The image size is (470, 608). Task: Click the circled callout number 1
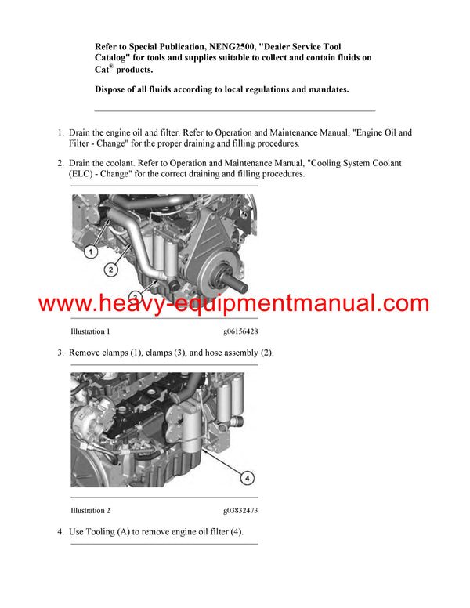coord(91,252)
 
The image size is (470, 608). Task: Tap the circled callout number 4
coord(245,476)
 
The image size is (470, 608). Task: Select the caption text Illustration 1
coord(90,332)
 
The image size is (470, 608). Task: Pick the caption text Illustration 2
coord(90,511)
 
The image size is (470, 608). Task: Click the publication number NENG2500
coord(230,48)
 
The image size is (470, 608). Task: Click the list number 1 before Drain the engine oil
coord(60,133)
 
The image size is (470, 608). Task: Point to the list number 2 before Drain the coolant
coord(60,163)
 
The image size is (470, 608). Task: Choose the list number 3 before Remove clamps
coord(60,353)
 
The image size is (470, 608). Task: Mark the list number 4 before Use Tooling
coord(60,532)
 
